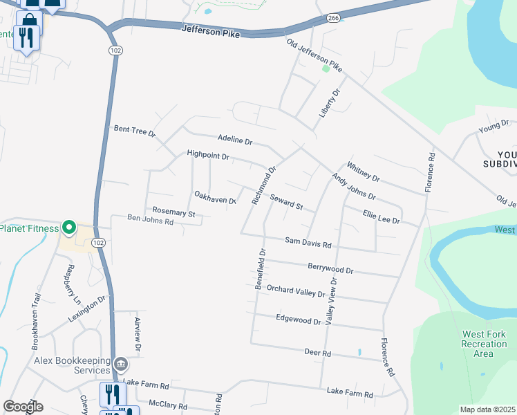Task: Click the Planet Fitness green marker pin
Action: pyautogui.click(x=68, y=228)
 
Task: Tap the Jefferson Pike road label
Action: pyautogui.click(x=210, y=30)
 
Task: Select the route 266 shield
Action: pyautogui.click(x=334, y=18)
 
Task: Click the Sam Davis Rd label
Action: pyautogui.click(x=308, y=243)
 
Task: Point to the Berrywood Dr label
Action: pyautogui.click(x=330, y=269)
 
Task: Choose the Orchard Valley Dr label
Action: pyautogui.click(x=295, y=291)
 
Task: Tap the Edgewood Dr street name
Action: pyautogui.click(x=298, y=320)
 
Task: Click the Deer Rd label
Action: pyautogui.click(x=318, y=353)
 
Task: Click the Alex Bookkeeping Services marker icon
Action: pyautogui.click(x=120, y=364)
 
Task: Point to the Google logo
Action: pyautogui.click(x=23, y=406)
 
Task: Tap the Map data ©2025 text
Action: pyautogui.click(x=488, y=409)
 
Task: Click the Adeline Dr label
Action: pyautogui.click(x=234, y=138)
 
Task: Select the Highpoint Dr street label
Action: pyautogui.click(x=207, y=156)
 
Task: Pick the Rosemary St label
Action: pyautogui.click(x=173, y=213)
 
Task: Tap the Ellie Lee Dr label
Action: pyautogui.click(x=381, y=217)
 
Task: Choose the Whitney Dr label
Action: pyautogui.click(x=364, y=172)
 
